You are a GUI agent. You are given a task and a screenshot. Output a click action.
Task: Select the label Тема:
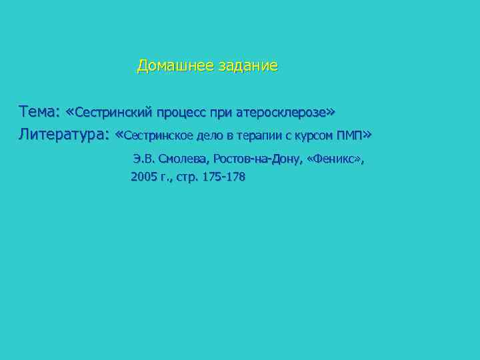point(41,110)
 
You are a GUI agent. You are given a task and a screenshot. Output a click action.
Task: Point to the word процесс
point(182,111)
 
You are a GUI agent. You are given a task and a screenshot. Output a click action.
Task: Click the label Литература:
point(64,135)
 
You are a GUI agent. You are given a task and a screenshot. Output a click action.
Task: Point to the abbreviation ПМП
point(350,135)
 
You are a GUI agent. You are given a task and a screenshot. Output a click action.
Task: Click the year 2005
point(143,177)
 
